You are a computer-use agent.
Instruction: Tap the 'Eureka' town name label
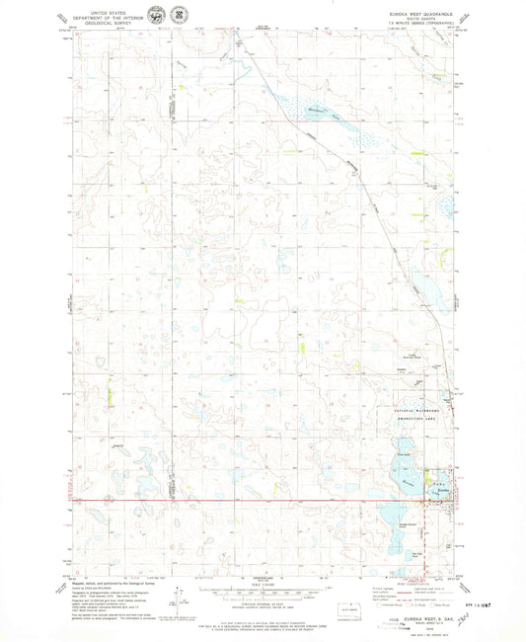click(x=443, y=491)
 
